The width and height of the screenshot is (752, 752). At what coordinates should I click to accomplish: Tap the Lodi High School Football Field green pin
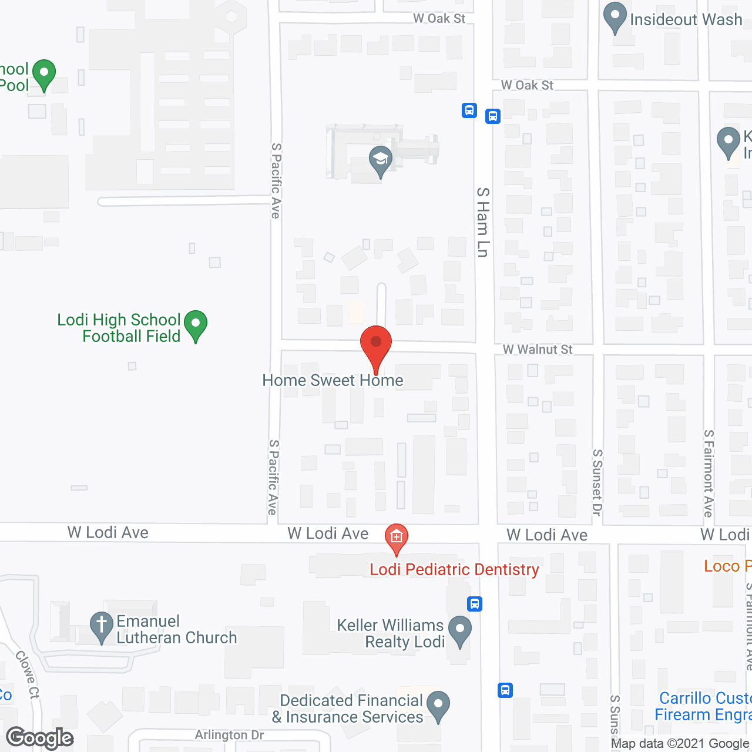coord(196,325)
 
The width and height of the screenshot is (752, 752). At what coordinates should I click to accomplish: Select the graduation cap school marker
coord(380,160)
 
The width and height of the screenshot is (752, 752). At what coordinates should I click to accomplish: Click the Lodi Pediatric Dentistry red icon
coord(397,538)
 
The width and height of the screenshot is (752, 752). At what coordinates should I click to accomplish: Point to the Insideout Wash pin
coord(615,17)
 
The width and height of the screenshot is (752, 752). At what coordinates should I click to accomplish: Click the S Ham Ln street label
coord(482,222)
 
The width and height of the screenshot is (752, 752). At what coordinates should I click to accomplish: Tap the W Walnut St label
coord(538,350)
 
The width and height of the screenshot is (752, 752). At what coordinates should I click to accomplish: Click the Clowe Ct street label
coord(28,674)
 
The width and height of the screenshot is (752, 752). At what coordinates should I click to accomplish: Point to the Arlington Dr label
coord(229,735)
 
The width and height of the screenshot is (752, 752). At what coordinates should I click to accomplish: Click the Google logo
coord(40,738)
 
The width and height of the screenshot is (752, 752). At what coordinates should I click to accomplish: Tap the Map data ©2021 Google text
coord(681,744)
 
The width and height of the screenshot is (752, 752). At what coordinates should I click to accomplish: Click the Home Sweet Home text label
coord(333,381)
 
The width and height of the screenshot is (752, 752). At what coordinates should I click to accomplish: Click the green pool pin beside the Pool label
coord(43,75)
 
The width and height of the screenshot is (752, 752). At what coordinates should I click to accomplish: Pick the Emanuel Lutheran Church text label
coord(177,629)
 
